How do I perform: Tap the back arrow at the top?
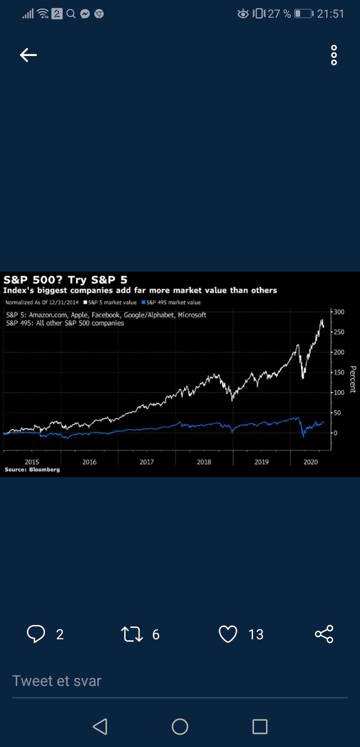[x=28, y=55]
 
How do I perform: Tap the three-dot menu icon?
[x=334, y=55]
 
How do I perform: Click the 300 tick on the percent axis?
[x=339, y=312]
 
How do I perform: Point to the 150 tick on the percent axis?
[x=339, y=372]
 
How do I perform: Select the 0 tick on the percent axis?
[x=335, y=433]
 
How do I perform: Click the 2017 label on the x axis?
[x=147, y=462]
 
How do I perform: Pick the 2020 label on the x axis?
[x=310, y=462]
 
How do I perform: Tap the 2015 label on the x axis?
[x=32, y=462]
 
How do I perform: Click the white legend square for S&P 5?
[x=85, y=302]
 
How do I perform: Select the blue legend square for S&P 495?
[x=143, y=302]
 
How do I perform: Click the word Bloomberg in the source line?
[x=44, y=470]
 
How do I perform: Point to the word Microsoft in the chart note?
[x=192, y=315]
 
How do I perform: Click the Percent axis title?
[x=353, y=380]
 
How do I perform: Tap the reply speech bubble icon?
[x=36, y=634]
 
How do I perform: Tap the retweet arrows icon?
[x=132, y=634]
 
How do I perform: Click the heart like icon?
[x=228, y=634]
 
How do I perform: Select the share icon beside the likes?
[x=324, y=634]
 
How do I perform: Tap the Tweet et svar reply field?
[x=180, y=681]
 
